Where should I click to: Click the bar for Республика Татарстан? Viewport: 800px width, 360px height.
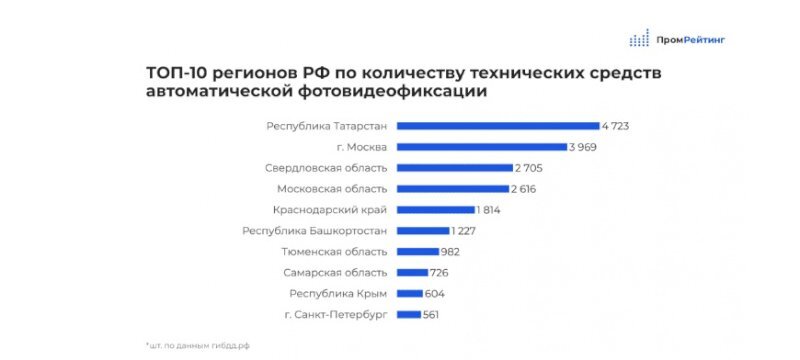click(x=498, y=126)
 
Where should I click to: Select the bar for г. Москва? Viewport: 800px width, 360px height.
click(x=482, y=147)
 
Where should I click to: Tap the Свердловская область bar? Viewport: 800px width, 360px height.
click(x=455, y=168)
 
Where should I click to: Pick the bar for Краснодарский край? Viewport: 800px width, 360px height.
click(x=435, y=210)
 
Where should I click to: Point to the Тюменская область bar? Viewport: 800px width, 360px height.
click(x=418, y=252)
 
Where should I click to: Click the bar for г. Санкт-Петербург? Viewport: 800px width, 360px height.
click(x=409, y=315)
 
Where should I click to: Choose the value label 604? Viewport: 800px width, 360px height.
click(x=434, y=294)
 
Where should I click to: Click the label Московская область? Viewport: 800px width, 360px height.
click(x=332, y=189)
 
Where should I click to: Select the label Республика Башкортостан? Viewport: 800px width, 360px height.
click(x=315, y=231)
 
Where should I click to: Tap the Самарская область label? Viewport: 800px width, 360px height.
click(x=335, y=273)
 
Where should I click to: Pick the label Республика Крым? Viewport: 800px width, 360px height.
click(x=339, y=294)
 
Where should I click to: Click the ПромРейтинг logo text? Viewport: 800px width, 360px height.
click(x=692, y=40)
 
